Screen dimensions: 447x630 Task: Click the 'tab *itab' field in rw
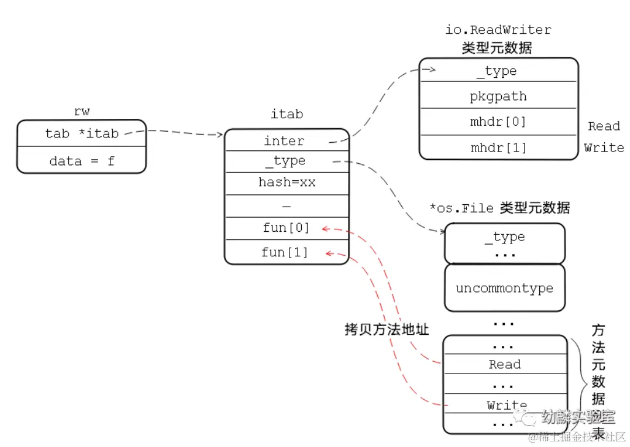pos(82,133)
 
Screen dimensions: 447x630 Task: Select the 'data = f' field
pos(82,161)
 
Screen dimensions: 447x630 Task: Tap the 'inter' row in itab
pos(284,141)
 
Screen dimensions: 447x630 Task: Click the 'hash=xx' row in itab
pos(286,182)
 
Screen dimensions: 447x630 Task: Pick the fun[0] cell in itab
pos(286,228)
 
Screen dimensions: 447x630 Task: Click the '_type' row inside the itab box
pos(285,161)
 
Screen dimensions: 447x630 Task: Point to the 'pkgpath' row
pos(498,96)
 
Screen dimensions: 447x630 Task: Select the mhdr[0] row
pos(498,121)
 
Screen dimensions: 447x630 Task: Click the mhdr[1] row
pos(498,148)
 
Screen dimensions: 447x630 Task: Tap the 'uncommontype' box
pos(504,288)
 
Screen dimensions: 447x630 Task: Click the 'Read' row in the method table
pos(504,364)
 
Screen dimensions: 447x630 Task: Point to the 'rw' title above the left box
pos(81,112)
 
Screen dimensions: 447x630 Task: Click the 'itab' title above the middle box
pos(286,114)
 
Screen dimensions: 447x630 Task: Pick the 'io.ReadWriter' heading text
pos(498,29)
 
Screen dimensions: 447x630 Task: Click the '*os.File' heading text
pos(461,208)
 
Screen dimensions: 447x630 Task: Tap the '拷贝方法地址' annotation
pos(386,329)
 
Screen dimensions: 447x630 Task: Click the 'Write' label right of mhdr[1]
pos(604,148)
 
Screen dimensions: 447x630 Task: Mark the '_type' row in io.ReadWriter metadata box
pos(498,71)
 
